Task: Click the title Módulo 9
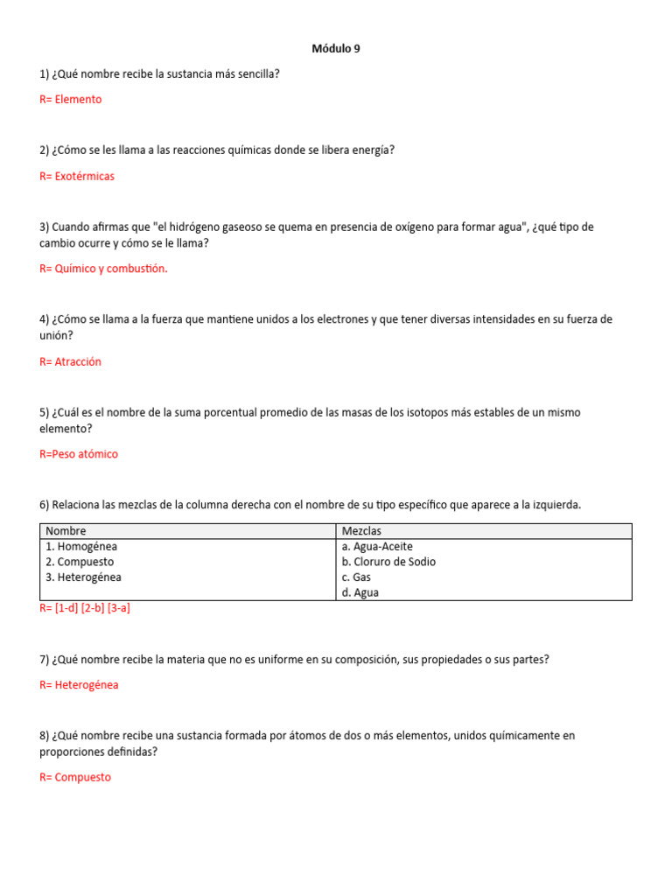pyautogui.click(x=336, y=49)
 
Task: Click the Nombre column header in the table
pyautogui.click(x=66, y=531)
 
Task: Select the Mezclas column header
pyautogui.click(x=361, y=531)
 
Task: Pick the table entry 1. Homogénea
pyautogui.click(x=81, y=547)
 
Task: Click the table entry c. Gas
pyautogui.click(x=357, y=577)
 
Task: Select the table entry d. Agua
pyautogui.click(x=360, y=592)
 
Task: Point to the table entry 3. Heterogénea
pyautogui.click(x=83, y=577)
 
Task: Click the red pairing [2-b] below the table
pyautogui.click(x=92, y=608)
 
